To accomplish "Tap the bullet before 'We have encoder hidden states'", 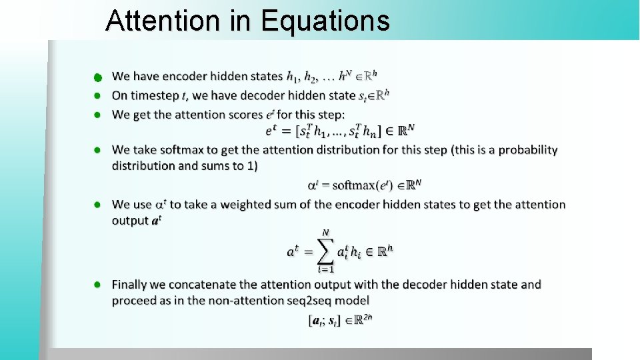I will click(97, 77).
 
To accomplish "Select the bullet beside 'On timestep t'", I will click(97, 96).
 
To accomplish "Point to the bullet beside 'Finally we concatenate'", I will click(97, 285).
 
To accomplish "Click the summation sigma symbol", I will click(326, 251).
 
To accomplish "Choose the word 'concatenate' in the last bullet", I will click(209, 285).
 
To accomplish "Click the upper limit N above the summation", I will click(326, 232).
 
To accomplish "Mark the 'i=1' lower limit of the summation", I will click(325, 269).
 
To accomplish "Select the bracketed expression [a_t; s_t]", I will click(325, 321).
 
